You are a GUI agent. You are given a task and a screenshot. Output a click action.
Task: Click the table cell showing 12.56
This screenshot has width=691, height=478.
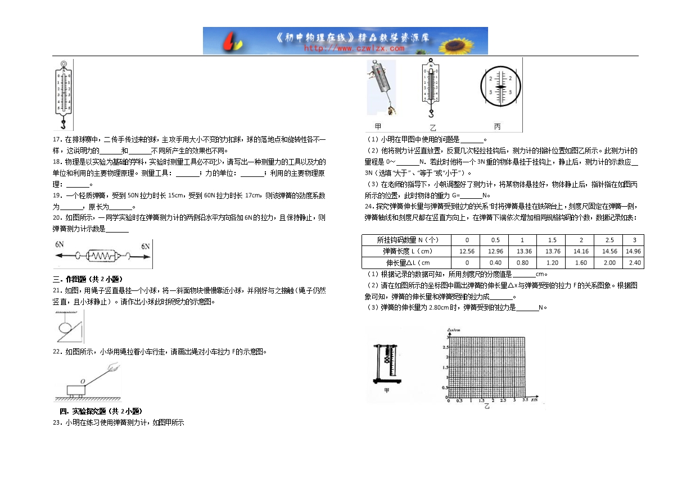[467, 251]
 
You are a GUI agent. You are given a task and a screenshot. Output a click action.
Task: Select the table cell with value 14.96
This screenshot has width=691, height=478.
[634, 251]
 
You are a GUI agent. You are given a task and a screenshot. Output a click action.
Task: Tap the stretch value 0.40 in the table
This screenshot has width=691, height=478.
[495, 262]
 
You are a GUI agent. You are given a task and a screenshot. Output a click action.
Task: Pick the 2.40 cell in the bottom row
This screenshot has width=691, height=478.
[634, 262]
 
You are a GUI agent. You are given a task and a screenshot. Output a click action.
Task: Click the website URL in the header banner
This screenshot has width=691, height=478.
[354, 48]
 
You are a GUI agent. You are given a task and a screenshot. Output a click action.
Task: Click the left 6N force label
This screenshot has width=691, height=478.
[61, 245]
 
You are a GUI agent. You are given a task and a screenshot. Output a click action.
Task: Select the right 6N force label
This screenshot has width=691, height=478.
[146, 246]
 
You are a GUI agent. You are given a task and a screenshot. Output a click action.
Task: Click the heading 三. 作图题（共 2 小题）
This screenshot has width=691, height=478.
[87, 279]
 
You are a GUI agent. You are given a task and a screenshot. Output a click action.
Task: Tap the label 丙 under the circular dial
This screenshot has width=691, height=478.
[497, 126]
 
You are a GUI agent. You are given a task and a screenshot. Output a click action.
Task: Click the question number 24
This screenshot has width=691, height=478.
[369, 206]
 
